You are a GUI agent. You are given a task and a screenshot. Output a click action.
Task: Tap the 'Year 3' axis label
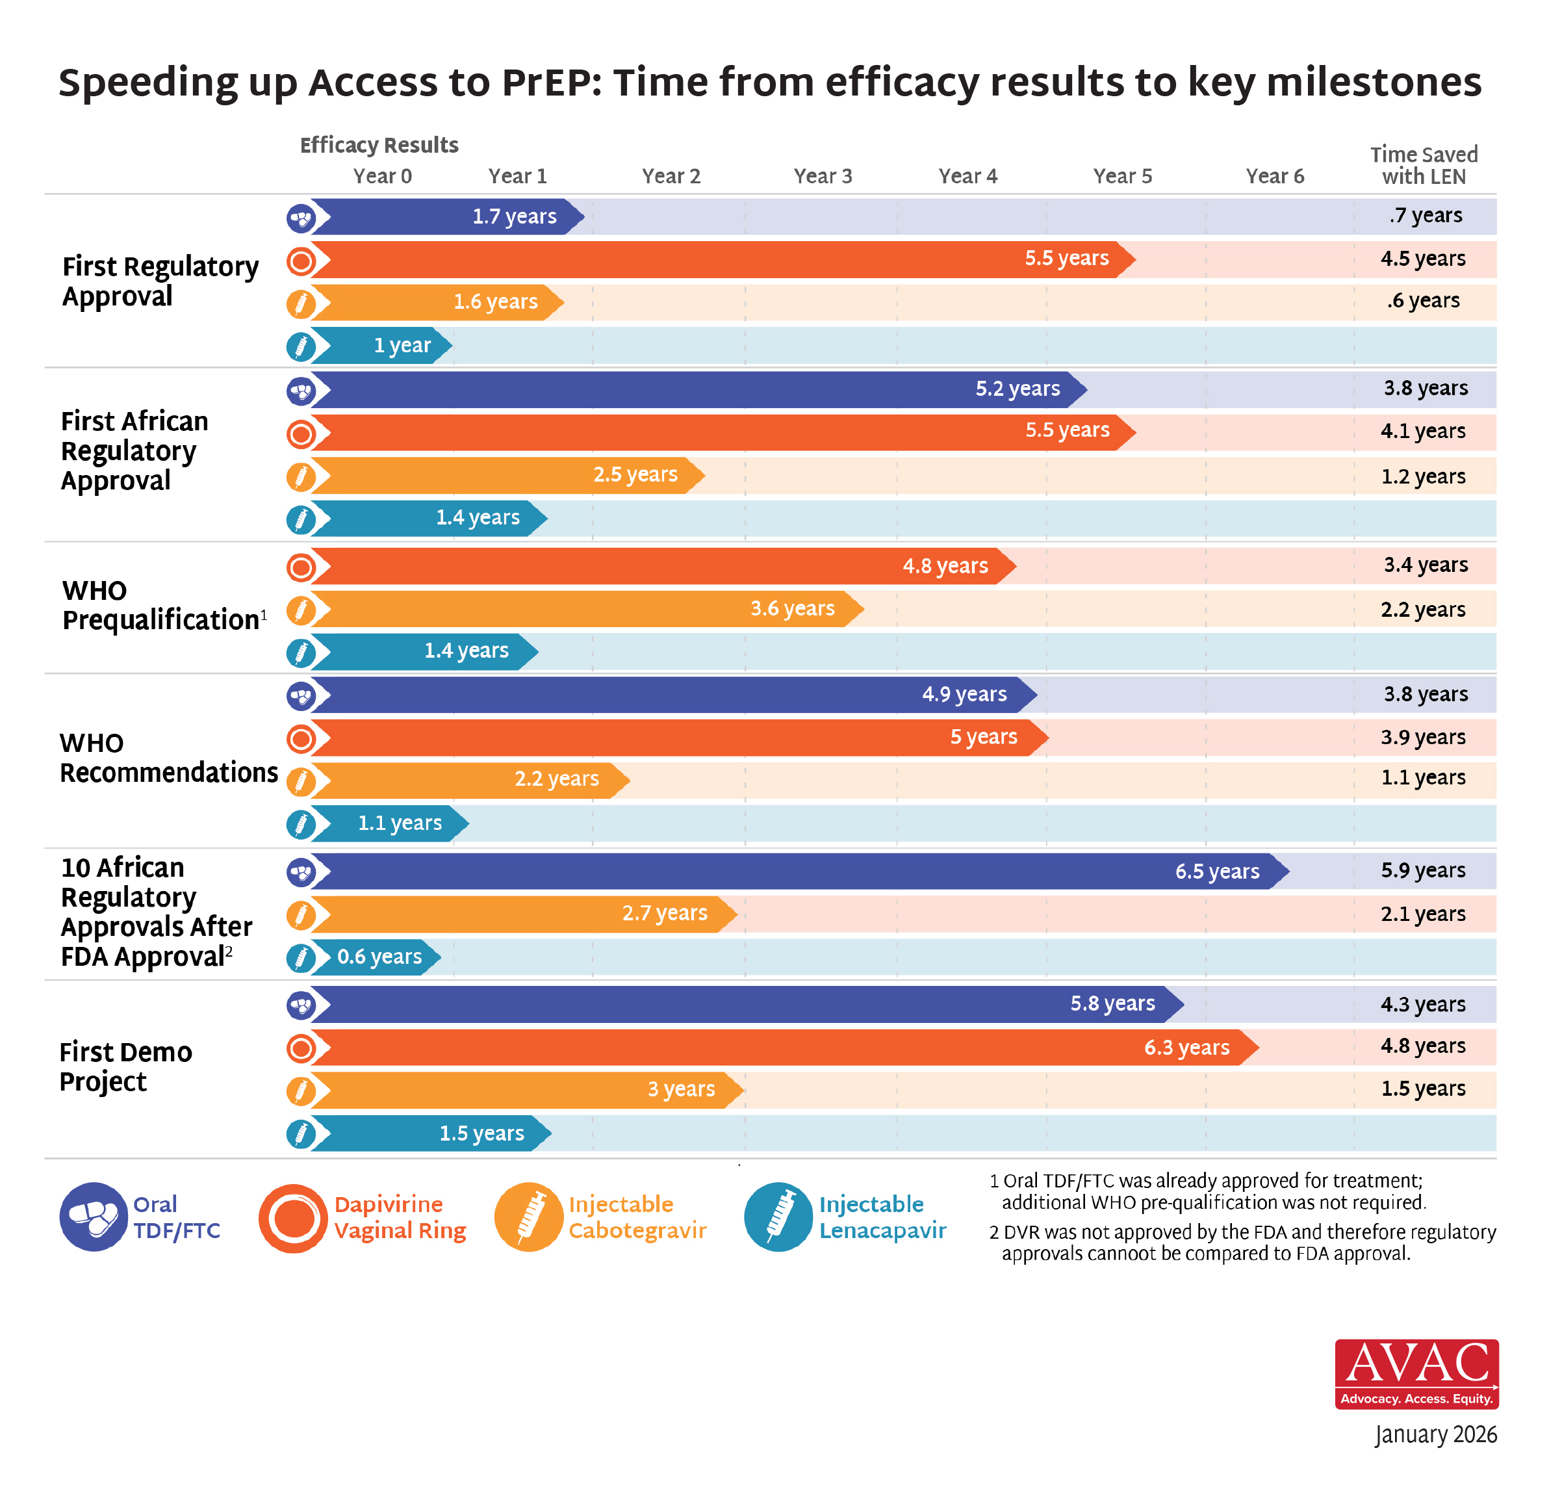pos(823,176)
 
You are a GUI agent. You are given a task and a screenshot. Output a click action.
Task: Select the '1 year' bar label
pos(402,346)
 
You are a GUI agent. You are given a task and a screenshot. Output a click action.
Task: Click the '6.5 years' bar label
pos(1216,871)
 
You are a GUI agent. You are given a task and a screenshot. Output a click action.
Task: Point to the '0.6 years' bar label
pos(379,957)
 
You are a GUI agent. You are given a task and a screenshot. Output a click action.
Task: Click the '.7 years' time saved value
pos(1425,215)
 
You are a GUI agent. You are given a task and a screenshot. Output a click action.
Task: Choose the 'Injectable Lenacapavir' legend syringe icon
pos(778,1217)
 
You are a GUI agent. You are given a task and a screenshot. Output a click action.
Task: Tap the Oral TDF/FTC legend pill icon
pos(94,1217)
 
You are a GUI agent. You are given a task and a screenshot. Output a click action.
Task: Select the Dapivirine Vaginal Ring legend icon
pos(293,1217)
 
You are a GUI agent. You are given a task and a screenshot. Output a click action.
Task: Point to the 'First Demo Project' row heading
pos(125,1067)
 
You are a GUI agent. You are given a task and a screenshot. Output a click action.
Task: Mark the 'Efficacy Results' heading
pos(379,146)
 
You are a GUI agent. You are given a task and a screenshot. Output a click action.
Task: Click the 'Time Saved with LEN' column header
pos(1424,165)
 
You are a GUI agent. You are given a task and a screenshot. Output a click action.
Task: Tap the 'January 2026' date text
pos(1435,1434)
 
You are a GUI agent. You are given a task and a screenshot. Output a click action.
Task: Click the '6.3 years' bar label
pos(1186,1048)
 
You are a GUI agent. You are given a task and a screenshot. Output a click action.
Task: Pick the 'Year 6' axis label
pos(1274,176)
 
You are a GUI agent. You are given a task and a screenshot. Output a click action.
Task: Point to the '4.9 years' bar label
pos(964,694)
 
